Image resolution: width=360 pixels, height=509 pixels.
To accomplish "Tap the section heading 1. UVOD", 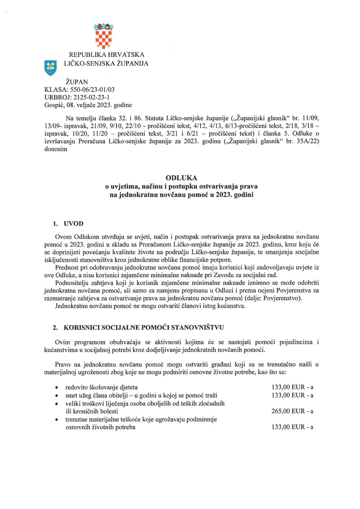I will (x=68, y=224).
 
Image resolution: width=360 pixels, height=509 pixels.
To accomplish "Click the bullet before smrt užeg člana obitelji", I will (x=55, y=396).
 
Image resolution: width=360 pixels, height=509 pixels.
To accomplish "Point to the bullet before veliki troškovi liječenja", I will (x=55, y=404).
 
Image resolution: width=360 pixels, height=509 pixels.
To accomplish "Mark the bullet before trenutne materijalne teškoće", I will (x=55, y=420).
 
